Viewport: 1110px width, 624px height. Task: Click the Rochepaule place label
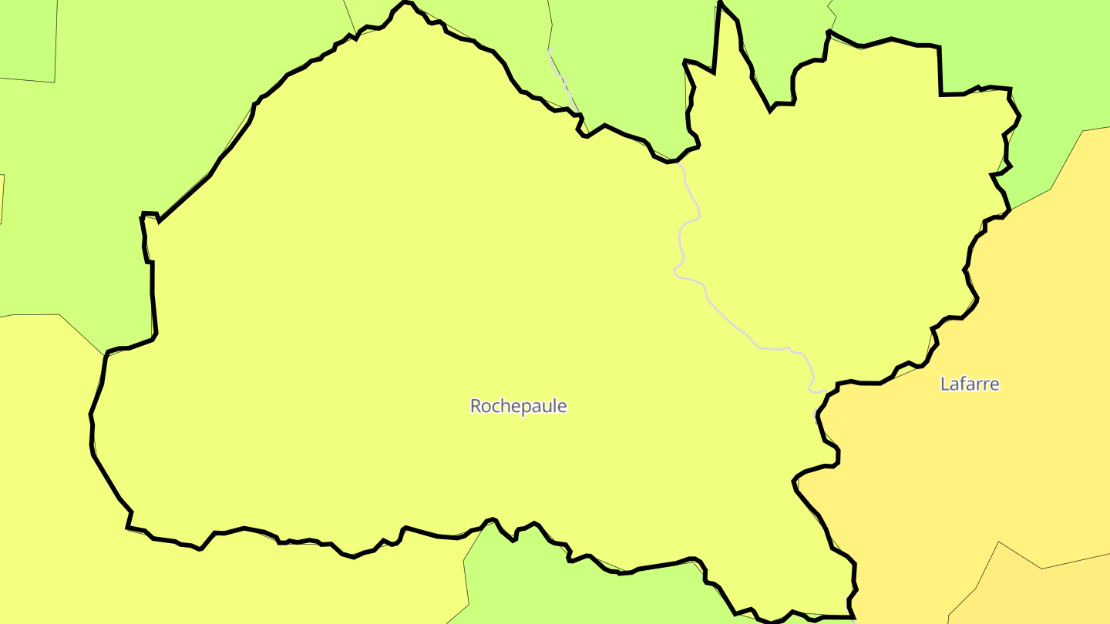(518, 406)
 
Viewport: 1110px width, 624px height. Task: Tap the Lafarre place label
(970, 384)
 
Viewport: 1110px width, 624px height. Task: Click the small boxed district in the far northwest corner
(27, 39)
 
